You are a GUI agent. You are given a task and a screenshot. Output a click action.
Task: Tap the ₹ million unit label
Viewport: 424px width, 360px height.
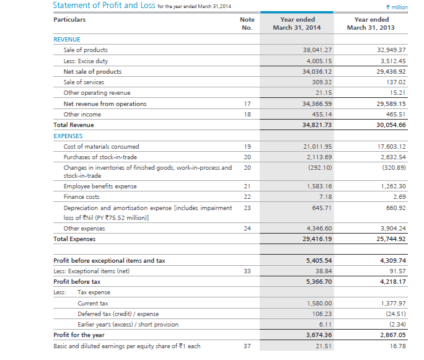point(397,6)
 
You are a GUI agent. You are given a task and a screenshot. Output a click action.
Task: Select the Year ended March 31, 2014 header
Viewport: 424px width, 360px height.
point(297,24)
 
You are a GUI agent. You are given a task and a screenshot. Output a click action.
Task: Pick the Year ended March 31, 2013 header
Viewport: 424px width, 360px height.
point(371,24)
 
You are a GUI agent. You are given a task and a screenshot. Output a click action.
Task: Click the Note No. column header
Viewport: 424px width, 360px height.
point(247,24)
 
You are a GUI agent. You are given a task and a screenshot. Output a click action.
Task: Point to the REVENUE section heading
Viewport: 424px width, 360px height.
point(67,39)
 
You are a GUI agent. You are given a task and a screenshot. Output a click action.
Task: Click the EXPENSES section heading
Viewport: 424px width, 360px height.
point(68,136)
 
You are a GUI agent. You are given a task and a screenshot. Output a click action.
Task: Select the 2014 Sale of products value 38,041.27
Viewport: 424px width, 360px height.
point(317,50)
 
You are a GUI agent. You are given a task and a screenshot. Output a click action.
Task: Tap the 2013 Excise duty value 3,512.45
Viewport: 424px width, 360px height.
point(392,61)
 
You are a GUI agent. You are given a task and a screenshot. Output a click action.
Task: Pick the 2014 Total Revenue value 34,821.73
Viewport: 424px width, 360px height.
point(317,125)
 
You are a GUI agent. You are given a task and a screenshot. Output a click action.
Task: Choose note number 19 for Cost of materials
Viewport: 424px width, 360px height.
point(247,147)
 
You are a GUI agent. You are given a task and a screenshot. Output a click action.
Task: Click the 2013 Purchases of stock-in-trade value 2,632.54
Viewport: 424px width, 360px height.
point(392,157)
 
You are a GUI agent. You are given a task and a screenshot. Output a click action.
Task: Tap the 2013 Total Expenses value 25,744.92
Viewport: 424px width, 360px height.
point(391,239)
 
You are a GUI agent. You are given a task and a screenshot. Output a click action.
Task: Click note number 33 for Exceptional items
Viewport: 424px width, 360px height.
point(247,271)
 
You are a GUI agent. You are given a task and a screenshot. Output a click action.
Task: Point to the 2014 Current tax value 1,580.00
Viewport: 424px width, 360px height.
point(319,303)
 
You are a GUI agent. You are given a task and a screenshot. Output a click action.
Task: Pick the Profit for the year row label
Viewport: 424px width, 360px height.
point(79,335)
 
